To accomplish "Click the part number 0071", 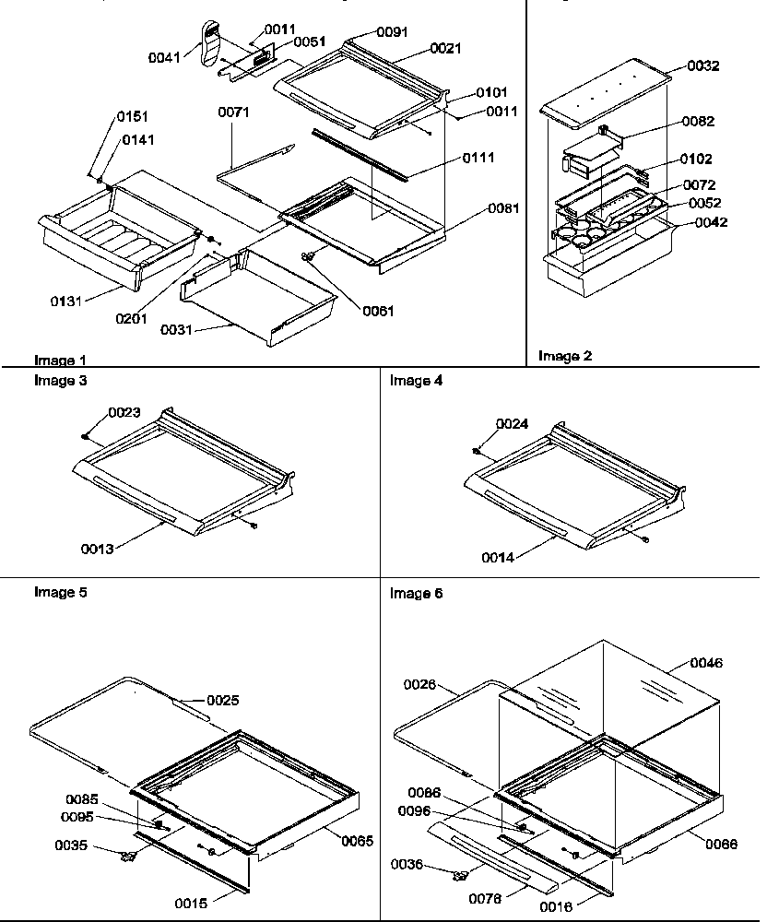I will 233,113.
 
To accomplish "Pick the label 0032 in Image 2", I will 703,66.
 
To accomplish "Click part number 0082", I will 698,121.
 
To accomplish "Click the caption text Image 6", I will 416,594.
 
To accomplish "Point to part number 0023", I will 124,413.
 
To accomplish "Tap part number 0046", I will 706,663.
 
